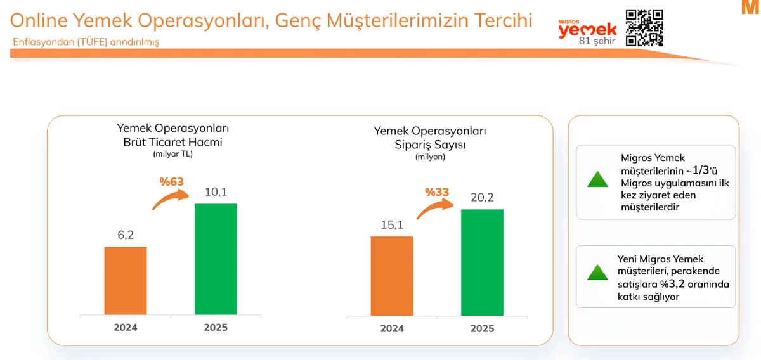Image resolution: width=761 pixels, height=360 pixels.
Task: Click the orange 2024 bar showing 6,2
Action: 126,280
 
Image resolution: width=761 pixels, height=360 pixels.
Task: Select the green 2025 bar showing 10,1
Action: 216,259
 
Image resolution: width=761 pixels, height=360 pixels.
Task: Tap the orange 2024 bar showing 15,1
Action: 392,276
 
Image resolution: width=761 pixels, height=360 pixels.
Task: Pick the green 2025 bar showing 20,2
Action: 482,262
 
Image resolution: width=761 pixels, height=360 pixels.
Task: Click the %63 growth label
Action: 171,183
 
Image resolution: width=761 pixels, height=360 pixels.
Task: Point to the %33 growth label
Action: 438,192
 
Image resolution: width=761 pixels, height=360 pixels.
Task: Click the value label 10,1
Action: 216,191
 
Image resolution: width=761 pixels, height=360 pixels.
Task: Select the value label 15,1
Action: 392,225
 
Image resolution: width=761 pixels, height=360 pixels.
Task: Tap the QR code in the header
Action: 644,28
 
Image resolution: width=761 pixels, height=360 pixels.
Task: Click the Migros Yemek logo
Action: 587,29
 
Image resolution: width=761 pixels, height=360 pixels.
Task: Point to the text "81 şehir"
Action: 597,42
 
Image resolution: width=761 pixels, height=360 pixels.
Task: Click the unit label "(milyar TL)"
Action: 172,154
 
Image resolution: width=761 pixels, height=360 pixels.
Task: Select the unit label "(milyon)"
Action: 430,157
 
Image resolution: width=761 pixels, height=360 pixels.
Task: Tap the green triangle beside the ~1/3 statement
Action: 597,179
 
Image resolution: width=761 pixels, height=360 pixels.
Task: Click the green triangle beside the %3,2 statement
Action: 597,273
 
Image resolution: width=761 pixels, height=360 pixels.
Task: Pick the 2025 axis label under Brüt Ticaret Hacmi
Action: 216,328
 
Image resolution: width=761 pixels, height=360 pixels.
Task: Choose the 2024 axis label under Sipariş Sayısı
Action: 392,328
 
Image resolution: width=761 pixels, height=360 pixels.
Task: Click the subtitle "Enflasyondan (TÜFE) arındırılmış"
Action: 86,42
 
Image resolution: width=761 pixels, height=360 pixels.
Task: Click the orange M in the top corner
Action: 753,8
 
